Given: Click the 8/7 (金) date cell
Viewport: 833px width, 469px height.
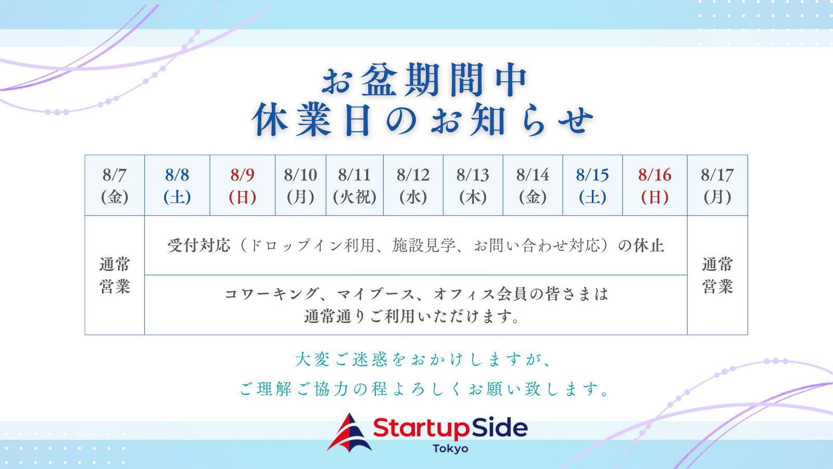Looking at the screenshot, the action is click(115, 186).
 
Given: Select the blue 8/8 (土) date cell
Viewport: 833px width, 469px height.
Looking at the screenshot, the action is click(177, 186).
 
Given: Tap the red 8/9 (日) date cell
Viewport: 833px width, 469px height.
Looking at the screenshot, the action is click(243, 186).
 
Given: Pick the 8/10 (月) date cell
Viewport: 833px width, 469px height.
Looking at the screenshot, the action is click(300, 186).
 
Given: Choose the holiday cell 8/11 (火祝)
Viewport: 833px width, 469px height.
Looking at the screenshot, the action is click(355, 186).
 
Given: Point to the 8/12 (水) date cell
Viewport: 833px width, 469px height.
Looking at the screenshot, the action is click(413, 186).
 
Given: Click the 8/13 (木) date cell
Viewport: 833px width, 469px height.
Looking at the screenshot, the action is click(473, 186).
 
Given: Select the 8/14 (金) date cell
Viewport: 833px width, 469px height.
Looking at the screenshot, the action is click(533, 186).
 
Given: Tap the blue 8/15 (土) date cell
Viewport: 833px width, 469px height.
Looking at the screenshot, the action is click(593, 186).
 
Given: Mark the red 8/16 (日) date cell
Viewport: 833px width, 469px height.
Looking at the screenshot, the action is click(655, 186).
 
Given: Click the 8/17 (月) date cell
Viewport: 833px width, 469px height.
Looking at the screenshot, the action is click(717, 186).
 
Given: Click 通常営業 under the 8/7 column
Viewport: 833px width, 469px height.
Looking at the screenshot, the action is click(115, 276).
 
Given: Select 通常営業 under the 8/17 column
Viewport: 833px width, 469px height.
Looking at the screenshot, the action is click(717, 276).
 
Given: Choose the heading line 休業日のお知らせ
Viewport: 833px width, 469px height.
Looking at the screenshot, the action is click(422, 120).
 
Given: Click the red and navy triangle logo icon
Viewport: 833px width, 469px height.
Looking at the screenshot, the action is click(349, 433).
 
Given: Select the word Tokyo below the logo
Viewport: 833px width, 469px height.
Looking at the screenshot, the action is click(450, 449).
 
